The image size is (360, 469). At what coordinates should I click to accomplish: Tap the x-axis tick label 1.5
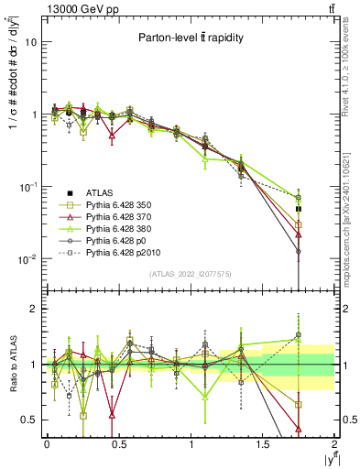[263, 445]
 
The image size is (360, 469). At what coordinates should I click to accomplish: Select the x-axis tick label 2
[334, 445]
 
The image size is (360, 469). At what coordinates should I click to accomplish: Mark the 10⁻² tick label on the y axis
[27, 259]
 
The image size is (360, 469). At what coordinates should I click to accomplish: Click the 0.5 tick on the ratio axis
[28, 420]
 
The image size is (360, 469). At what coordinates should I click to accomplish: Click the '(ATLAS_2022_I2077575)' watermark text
[191, 273]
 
